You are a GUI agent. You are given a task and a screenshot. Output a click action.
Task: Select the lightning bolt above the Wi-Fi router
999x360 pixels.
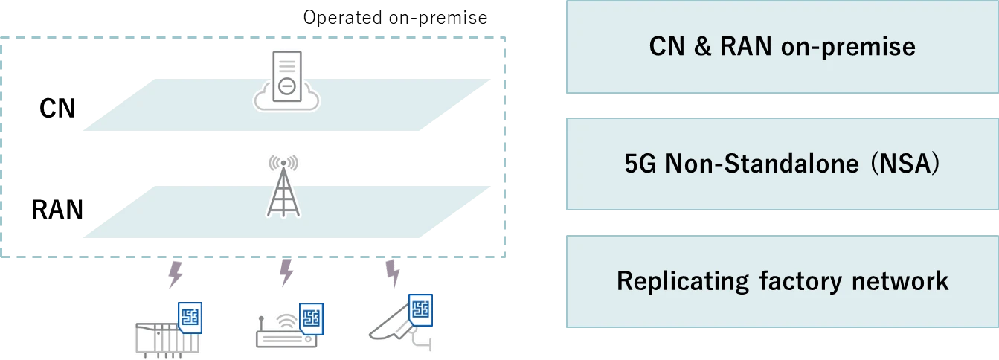pyautogui.click(x=286, y=273)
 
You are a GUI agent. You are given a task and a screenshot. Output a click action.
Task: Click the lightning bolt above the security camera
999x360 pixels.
pyautogui.click(x=393, y=273)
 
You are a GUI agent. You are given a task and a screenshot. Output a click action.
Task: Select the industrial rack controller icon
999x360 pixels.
pyautogui.click(x=160, y=336)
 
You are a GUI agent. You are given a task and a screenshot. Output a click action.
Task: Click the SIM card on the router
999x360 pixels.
pyautogui.click(x=310, y=318)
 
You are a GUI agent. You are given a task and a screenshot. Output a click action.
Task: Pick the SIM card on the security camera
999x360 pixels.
pyautogui.click(x=421, y=309)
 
